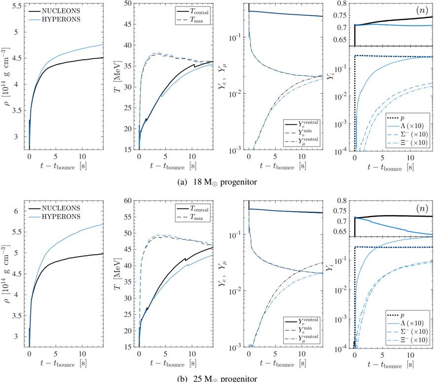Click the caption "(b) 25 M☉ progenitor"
tap(217, 378)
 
